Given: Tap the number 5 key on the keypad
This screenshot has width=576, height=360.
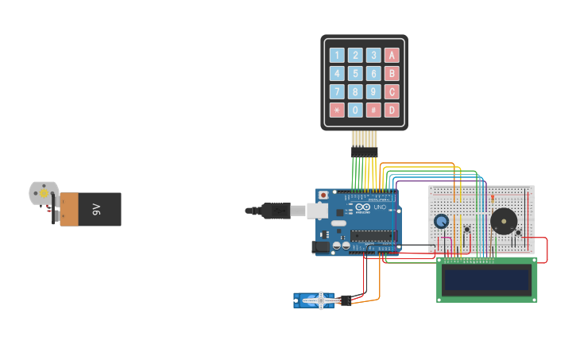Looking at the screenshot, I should point(355,73).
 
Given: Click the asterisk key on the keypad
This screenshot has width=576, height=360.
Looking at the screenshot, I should point(337,110).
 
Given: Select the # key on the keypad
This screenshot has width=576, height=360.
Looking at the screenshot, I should point(373,110).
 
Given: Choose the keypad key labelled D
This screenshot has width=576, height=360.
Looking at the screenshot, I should point(392,110).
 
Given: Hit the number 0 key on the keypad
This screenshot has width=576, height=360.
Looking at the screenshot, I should point(355,110).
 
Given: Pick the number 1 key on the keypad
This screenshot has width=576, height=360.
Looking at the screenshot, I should point(337,55).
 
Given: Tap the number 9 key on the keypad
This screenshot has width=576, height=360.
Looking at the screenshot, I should point(373,91).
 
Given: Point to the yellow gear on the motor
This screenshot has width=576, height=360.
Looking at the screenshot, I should point(43,193).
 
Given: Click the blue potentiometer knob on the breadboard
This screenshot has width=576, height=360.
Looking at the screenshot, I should point(441,222).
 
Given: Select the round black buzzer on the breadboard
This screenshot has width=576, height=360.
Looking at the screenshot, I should point(503,220).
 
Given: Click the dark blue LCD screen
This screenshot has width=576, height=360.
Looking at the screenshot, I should point(486,280).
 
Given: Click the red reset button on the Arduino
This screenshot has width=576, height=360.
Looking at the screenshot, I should point(323,195).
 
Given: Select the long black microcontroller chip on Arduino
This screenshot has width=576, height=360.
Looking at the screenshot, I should point(371,234).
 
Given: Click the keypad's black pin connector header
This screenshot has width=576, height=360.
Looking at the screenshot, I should point(364,151).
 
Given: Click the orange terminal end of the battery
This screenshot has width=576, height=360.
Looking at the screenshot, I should point(70,209).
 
